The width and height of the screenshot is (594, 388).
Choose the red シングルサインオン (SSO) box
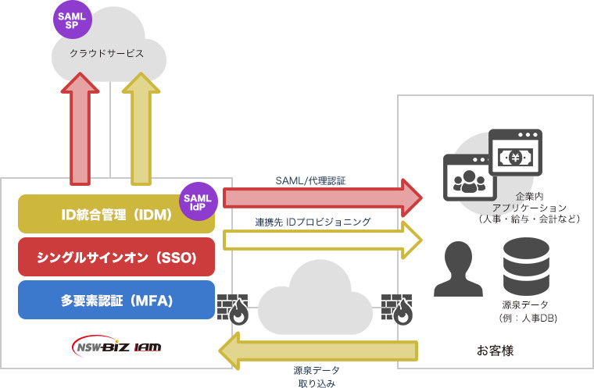click(116, 258)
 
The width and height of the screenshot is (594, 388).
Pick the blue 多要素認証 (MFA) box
click(116, 301)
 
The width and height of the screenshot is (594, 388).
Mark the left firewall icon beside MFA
click(232, 308)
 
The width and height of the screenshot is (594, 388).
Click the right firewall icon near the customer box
click(397, 308)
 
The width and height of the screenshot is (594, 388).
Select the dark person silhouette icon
click(458, 269)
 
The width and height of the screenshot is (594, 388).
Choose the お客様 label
click(496, 351)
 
